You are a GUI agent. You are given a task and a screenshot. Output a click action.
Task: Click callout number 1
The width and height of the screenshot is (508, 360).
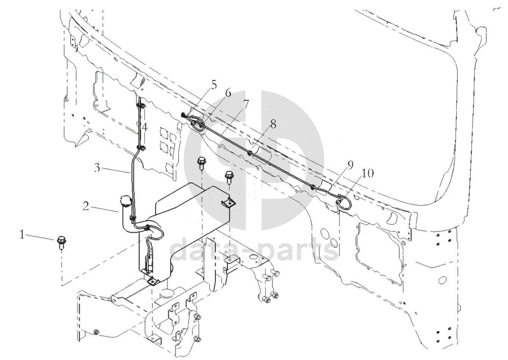pyautogui.click(x=22, y=235)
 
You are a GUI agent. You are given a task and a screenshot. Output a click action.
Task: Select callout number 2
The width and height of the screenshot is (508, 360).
pyautogui.click(x=86, y=206)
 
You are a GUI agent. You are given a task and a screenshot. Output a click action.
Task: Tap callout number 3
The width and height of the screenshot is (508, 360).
pyautogui.click(x=97, y=168)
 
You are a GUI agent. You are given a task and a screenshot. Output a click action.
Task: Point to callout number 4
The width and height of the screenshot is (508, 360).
pyautogui.click(x=144, y=127)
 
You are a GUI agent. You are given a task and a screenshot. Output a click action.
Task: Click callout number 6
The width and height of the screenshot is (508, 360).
pyautogui.click(x=228, y=93)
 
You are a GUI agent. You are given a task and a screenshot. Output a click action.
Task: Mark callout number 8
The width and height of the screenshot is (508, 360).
pyautogui.click(x=273, y=124)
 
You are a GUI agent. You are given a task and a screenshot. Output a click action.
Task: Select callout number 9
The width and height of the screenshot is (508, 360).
pyautogui.click(x=350, y=165)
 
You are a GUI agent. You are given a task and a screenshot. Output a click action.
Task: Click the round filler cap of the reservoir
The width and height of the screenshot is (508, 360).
pyautogui.click(x=125, y=201)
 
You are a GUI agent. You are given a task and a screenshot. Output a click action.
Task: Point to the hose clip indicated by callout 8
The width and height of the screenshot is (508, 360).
pyautogui.click(x=249, y=153)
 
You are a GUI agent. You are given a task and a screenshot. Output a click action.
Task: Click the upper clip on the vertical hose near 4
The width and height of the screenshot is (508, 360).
pyautogui.click(x=141, y=106)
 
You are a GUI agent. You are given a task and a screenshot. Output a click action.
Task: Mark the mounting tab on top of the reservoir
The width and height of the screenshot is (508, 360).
pyautogui.click(x=228, y=202)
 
